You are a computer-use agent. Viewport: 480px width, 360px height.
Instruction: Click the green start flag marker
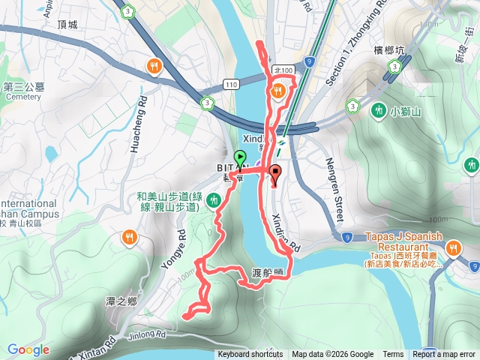pos(240,158)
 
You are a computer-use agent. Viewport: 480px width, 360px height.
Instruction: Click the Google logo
pos(28,349)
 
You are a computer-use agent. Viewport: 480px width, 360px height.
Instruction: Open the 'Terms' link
pos(393,355)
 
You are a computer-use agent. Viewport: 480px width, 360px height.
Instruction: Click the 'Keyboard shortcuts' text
pos(250,355)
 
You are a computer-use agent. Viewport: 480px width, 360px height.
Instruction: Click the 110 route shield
pos(231,85)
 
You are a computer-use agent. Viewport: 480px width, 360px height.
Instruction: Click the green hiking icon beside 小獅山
pos(379,109)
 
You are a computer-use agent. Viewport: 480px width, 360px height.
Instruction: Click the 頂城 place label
pos(67,25)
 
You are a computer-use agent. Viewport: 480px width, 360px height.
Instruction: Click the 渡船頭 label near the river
pos(267,271)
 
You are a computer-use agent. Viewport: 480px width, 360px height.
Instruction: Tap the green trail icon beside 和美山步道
pos(215,199)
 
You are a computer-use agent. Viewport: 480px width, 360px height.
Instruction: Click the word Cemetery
pos(22,97)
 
